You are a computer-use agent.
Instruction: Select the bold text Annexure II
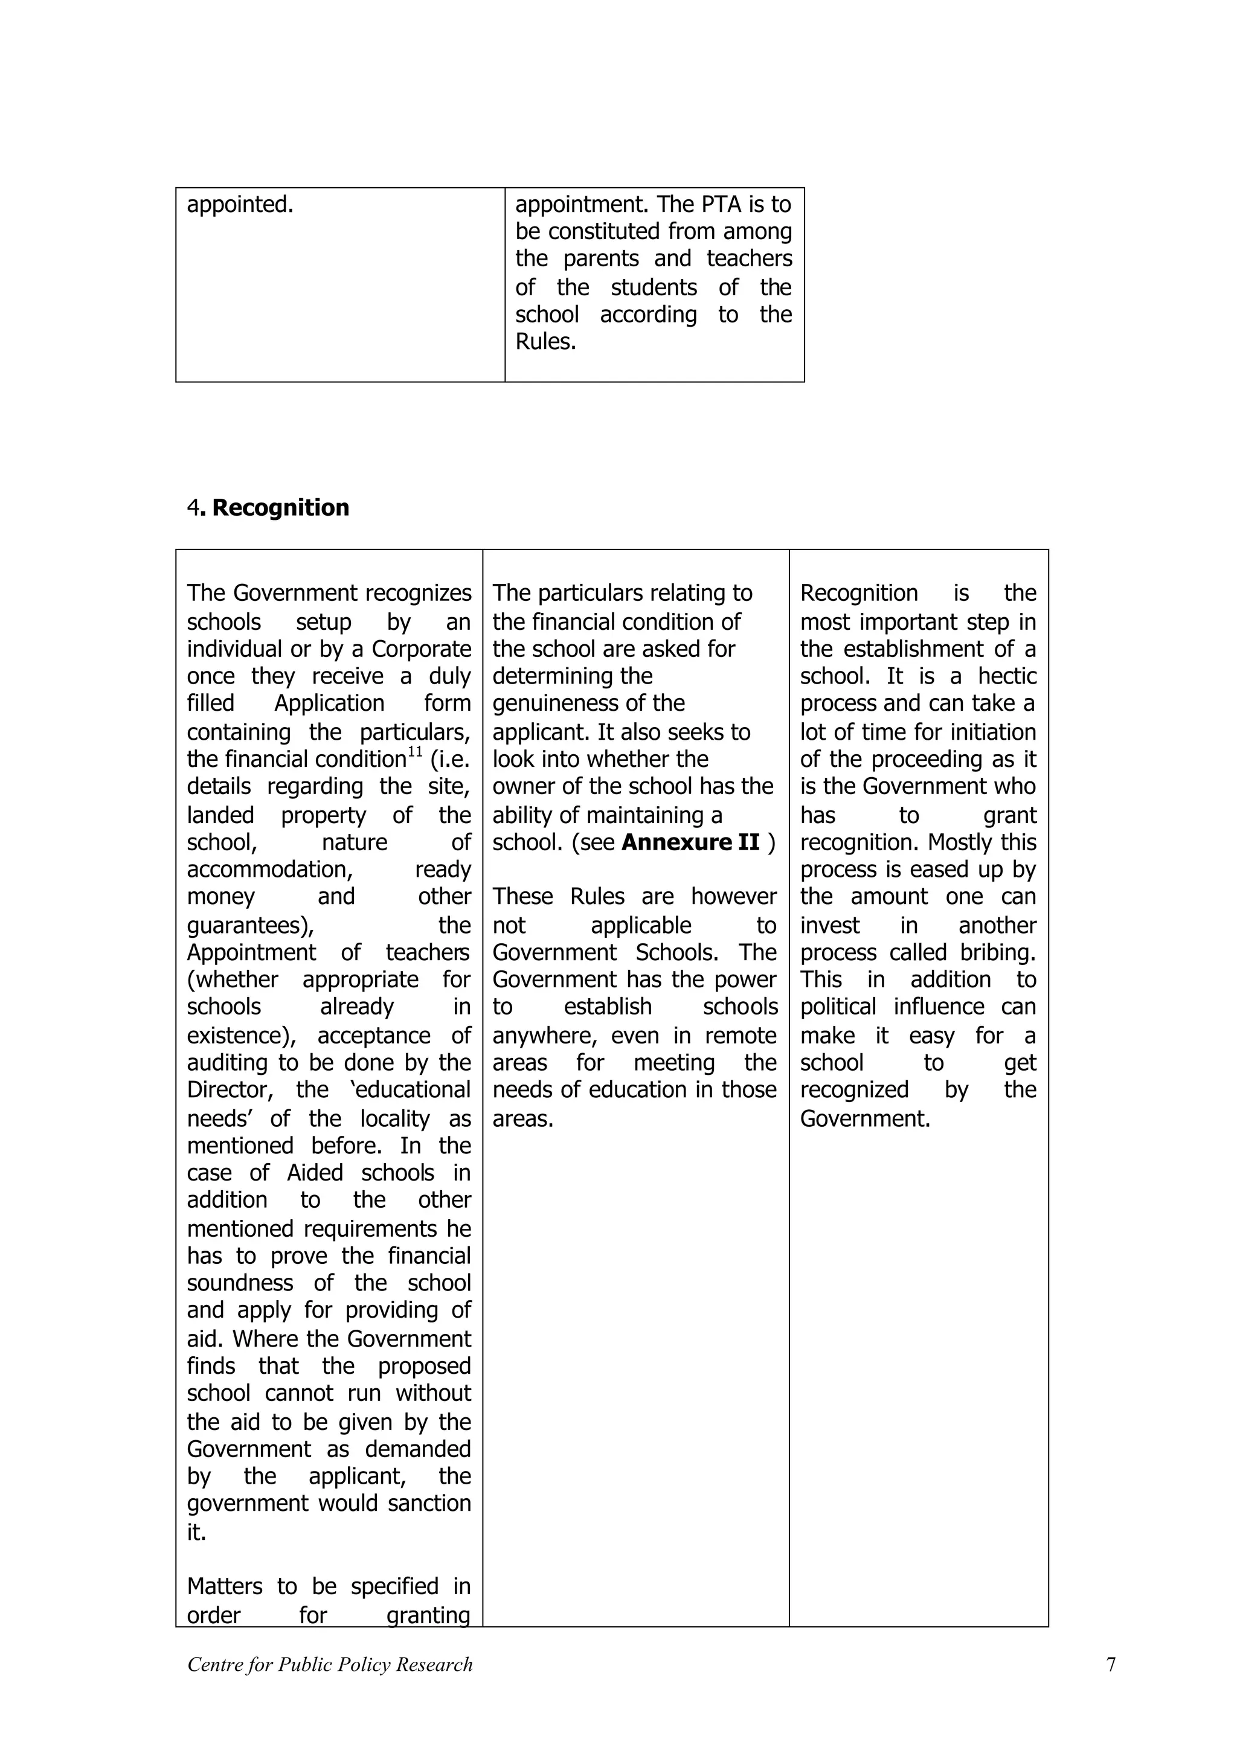690,842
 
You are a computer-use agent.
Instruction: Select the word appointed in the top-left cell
239,204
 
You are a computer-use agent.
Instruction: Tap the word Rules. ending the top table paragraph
545,341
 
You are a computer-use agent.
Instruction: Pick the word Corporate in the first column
422,649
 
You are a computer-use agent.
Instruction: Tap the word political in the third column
840,1007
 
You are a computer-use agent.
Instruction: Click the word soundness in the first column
240,1283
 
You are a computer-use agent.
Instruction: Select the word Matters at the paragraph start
224,1586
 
